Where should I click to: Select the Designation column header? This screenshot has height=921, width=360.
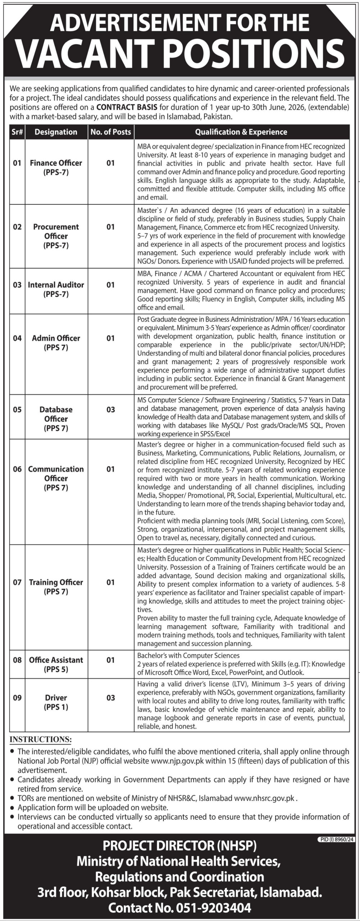56,132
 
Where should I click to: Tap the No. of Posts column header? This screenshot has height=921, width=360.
111,132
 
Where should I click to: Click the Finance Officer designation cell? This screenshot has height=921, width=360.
56,167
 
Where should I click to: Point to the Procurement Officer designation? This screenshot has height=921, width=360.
56,236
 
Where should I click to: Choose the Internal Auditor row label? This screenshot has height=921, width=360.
56,289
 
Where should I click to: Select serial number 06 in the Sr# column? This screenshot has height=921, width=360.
17,469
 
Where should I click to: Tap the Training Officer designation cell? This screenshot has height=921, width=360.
56,586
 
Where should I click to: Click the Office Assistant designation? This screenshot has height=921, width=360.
56,664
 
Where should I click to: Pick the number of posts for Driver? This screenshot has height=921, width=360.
111,698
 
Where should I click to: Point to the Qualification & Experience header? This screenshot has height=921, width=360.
241,132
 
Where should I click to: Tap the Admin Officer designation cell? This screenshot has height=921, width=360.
56,342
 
